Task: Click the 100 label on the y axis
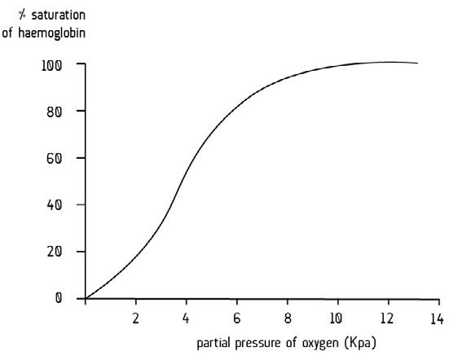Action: pyautogui.click(x=51, y=64)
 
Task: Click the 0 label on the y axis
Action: pyautogui.click(x=58, y=298)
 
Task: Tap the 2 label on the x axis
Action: pyautogui.click(x=135, y=317)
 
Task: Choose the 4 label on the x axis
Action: pyautogui.click(x=186, y=317)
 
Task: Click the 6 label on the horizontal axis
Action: pyautogui.click(x=236, y=317)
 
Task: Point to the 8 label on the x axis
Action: pyautogui.click(x=286, y=317)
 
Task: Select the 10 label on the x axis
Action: pyautogui.click(x=336, y=317)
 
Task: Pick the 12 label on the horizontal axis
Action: pyautogui.click(x=386, y=317)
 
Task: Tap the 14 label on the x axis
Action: pyautogui.click(x=436, y=317)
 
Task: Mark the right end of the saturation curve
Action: pyautogui.click(x=417, y=63)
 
